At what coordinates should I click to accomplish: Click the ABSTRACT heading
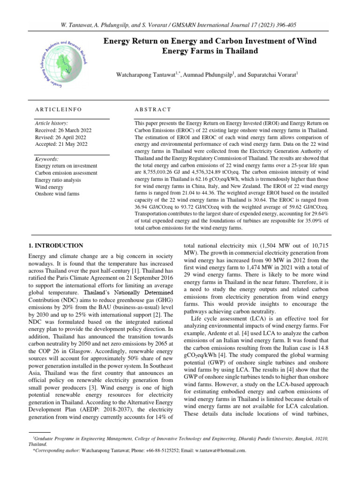[152, 109]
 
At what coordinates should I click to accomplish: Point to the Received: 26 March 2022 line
[63, 130]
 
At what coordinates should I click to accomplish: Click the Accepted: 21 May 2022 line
[62, 145]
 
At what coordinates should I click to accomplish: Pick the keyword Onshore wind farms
[57, 194]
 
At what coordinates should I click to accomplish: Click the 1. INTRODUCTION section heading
[56, 245]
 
